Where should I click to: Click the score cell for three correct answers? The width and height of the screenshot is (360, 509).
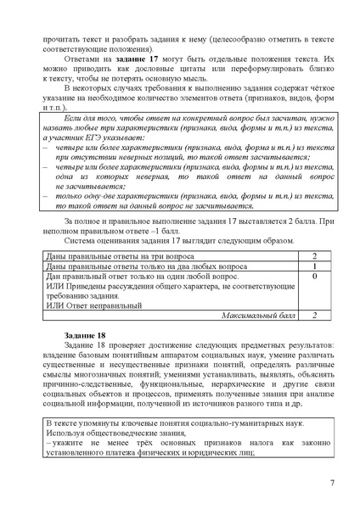313,255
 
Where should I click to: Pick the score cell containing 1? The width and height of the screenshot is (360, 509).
313,266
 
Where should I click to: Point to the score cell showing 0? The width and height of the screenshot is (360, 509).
313,277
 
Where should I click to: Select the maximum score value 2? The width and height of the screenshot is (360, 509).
313,315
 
